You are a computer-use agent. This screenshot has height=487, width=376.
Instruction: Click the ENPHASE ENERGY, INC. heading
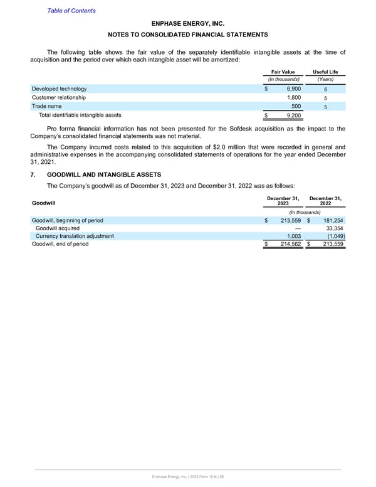point(188,23)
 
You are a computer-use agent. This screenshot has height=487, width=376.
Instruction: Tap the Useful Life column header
point(325,72)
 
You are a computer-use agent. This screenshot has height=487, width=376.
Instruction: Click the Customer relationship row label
point(59,98)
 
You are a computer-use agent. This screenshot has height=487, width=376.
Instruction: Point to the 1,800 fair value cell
point(293,98)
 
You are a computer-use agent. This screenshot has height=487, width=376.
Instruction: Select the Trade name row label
point(48,107)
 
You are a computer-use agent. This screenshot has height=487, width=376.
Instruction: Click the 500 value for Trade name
point(296,107)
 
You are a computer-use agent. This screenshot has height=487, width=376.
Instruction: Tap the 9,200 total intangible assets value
point(293,115)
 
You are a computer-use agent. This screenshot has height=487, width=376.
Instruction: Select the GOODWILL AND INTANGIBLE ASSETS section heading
point(104,174)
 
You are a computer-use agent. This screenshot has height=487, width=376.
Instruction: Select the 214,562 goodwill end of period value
point(288,244)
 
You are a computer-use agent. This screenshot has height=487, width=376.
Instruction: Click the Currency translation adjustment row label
point(75,236)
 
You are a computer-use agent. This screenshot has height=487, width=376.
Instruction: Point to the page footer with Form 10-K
point(188,478)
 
